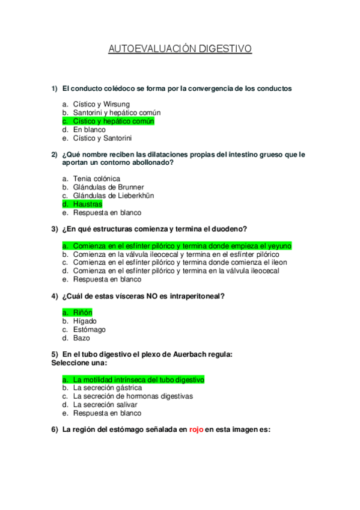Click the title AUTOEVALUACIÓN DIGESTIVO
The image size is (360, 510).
point(180,49)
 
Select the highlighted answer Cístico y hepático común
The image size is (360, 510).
point(114,121)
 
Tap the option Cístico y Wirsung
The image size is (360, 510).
point(101,104)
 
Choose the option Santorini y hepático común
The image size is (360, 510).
point(117,112)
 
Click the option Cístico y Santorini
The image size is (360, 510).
point(102,138)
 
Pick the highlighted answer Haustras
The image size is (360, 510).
point(88,204)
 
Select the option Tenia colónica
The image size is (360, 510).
point(96,179)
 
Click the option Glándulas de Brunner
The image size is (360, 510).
point(108,187)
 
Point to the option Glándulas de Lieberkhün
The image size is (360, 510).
point(114,195)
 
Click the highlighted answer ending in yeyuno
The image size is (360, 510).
point(182,245)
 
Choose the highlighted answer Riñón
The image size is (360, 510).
point(83,312)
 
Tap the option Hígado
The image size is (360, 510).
point(85,321)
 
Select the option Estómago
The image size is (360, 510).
point(89,330)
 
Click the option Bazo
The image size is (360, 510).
point(81,338)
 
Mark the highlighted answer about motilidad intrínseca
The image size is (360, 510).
point(138,379)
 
